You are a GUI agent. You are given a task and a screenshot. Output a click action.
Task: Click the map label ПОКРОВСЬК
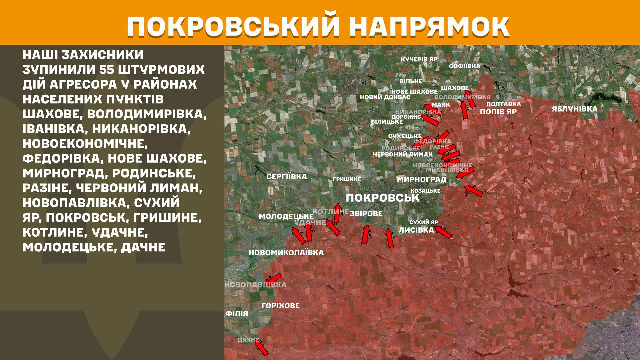(382, 198)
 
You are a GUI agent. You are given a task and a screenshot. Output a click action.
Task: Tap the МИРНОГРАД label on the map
(421, 179)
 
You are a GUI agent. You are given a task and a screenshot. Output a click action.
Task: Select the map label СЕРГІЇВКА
(286, 177)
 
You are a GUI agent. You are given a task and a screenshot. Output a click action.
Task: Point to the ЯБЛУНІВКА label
(574, 109)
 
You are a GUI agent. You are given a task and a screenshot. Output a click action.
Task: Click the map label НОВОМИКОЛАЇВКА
(286, 253)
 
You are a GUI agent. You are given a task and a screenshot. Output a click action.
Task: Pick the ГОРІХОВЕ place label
(280, 306)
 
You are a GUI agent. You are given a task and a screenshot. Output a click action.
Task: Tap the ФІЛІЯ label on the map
(237, 313)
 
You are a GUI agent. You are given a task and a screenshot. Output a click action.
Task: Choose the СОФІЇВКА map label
(464, 66)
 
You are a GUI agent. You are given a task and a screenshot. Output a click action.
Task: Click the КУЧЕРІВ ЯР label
(419, 59)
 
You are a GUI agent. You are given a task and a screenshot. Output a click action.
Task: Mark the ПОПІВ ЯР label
(498, 112)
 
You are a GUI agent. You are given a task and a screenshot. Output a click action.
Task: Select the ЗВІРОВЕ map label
(366, 214)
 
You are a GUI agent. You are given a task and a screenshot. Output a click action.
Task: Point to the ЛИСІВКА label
(416, 230)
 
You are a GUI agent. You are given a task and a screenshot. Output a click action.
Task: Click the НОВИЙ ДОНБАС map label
(385, 97)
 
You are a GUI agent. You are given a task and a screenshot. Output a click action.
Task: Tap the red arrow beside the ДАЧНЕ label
(262, 348)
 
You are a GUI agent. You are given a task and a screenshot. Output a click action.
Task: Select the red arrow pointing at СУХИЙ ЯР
(443, 232)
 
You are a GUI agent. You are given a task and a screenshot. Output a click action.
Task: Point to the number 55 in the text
(107, 70)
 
